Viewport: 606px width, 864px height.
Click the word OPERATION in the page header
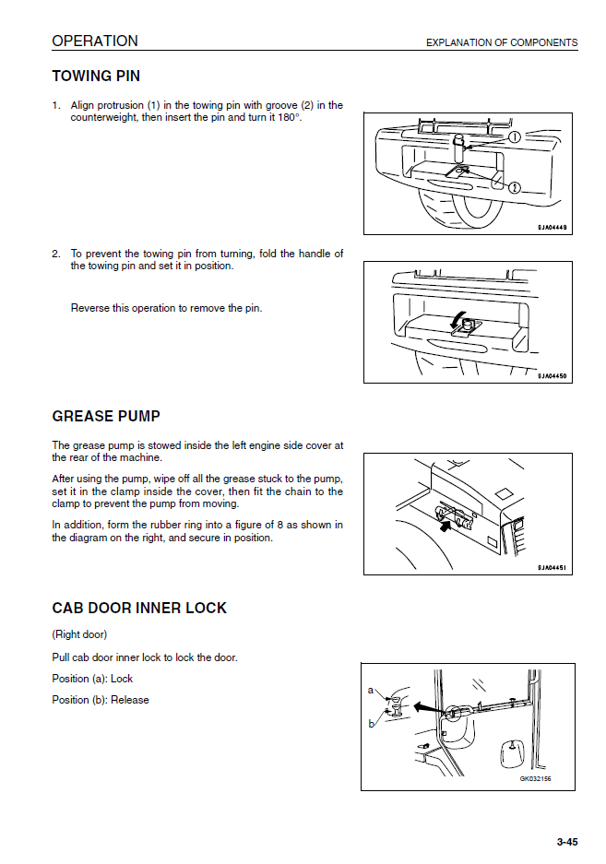pyautogui.click(x=95, y=41)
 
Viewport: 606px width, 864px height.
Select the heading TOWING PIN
pyautogui.click(x=96, y=77)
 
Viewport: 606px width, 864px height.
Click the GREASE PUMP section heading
pyautogui.click(x=106, y=417)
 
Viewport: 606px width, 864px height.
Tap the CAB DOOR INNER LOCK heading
pyautogui.click(x=139, y=609)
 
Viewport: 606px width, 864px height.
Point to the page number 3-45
pyautogui.click(x=566, y=842)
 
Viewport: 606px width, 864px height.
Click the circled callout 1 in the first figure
pyautogui.click(x=514, y=137)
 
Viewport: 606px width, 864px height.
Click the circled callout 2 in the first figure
pyautogui.click(x=514, y=188)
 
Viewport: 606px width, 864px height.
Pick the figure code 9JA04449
pyautogui.click(x=552, y=228)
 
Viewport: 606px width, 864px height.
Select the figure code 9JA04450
pyautogui.click(x=552, y=376)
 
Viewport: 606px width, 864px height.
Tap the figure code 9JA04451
pyautogui.click(x=552, y=568)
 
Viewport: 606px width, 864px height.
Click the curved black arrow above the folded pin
pyautogui.click(x=455, y=320)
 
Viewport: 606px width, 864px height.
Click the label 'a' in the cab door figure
pyautogui.click(x=371, y=690)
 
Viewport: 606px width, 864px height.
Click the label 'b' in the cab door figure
pyautogui.click(x=371, y=724)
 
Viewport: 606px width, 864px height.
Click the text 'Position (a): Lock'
pyautogui.click(x=92, y=680)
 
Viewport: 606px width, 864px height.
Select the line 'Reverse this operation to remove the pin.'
pyautogui.click(x=166, y=308)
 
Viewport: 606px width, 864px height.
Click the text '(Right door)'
pyautogui.click(x=79, y=634)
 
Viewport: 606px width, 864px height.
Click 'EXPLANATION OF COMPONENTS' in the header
pyautogui.click(x=501, y=42)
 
